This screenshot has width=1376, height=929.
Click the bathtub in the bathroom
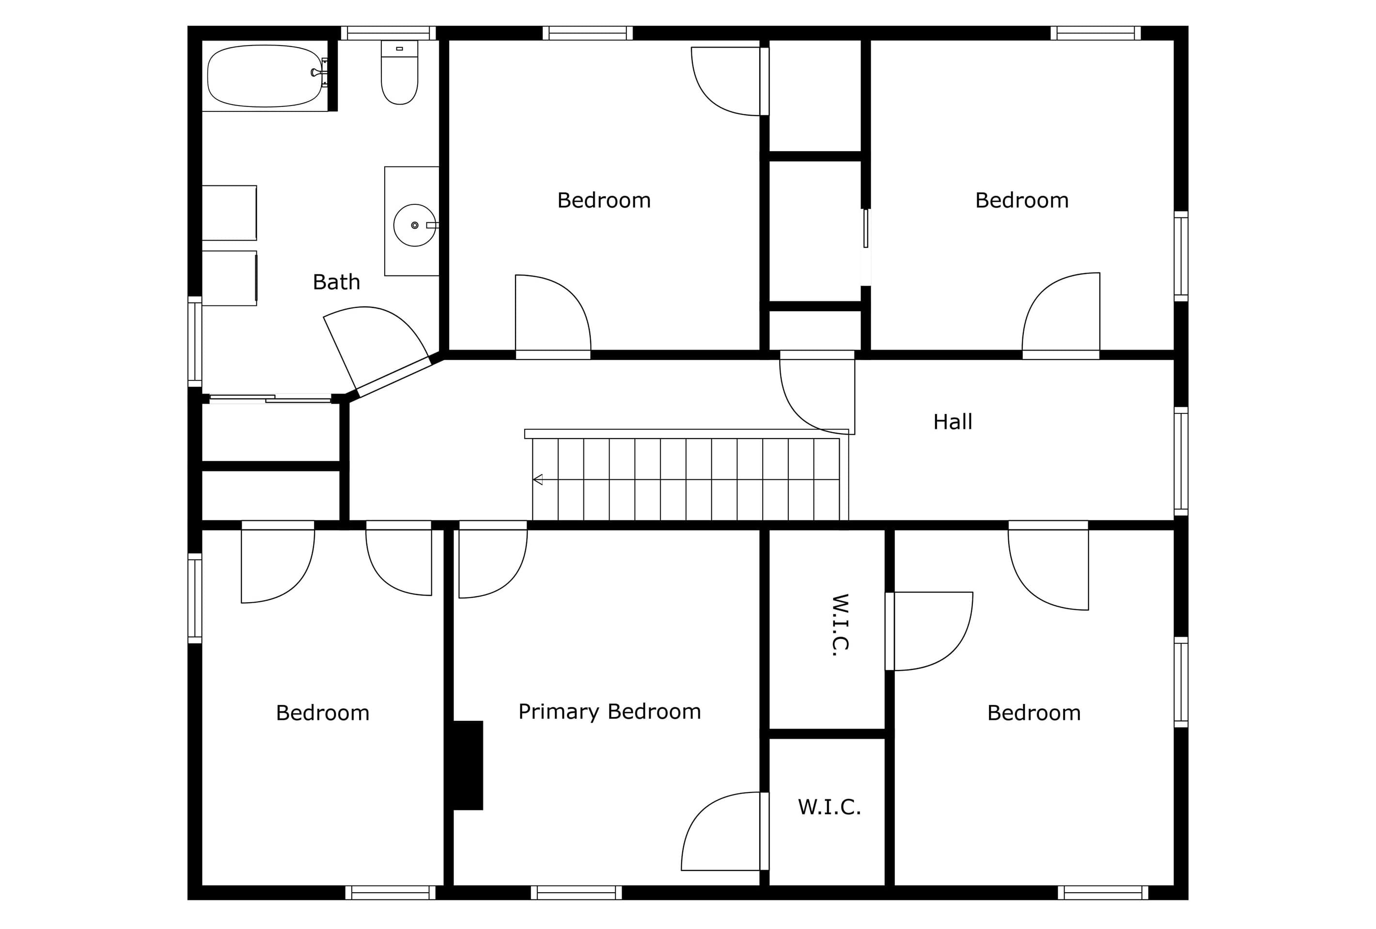[265, 76]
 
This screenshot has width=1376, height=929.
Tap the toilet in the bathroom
[400, 72]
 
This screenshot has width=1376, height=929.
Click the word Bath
[336, 282]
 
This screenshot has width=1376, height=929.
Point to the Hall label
[953, 422]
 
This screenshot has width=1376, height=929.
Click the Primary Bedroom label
[610, 712]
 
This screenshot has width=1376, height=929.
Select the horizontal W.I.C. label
[829, 807]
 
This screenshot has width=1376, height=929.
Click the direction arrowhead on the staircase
[538, 480]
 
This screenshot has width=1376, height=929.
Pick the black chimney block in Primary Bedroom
[468, 765]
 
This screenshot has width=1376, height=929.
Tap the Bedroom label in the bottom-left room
[323, 713]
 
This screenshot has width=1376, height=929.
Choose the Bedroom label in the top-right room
[1022, 200]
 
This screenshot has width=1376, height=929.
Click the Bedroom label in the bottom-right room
[1034, 713]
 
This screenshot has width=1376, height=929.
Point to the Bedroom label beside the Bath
[604, 200]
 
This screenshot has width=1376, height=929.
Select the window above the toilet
[389, 33]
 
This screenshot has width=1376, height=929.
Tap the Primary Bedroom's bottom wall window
[577, 892]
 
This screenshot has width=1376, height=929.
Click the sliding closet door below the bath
[270, 399]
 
